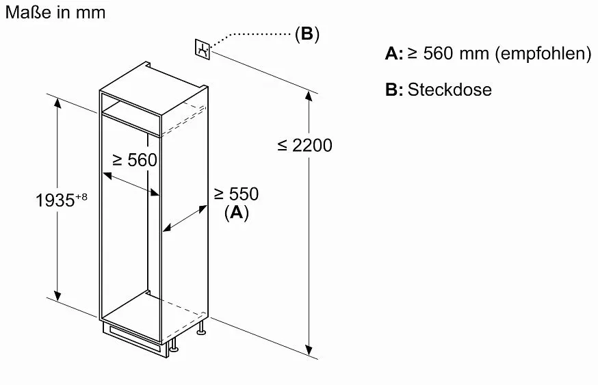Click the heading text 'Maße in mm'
tap(55, 12)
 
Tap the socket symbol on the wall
tap(203, 49)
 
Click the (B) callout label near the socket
tap(307, 34)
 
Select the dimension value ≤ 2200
tap(304, 146)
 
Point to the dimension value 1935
tap(55, 200)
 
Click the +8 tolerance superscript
tap(81, 197)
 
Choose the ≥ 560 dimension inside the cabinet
tap(135, 160)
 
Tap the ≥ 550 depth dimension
tap(236, 194)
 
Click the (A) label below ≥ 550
tap(237, 212)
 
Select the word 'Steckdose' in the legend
tap(450, 90)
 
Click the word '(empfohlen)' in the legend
tap(543, 53)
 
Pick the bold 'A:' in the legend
tap(394, 53)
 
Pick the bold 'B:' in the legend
tap(394, 90)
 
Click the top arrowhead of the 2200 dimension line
tap(309, 96)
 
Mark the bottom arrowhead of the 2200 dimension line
tap(309, 350)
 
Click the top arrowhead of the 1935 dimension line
tap(57, 103)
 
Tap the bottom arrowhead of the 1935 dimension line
tap(57, 295)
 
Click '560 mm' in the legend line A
tap(456, 53)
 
